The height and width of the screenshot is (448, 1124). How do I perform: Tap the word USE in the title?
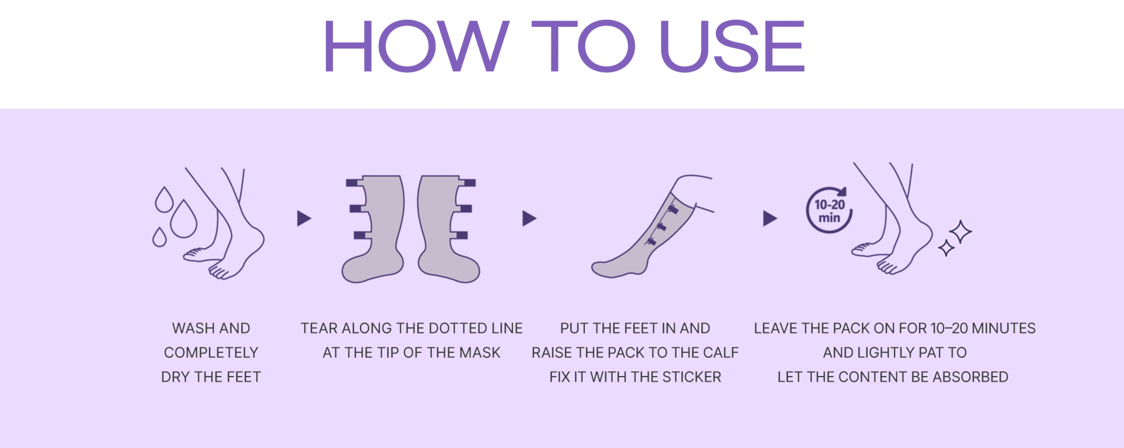733,46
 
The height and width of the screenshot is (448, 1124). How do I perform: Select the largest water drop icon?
184,219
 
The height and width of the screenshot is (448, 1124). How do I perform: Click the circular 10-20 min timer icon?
829,210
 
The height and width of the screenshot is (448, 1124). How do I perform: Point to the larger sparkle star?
961,232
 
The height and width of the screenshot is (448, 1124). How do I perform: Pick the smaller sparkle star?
946,248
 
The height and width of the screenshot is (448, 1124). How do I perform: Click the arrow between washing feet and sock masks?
304,218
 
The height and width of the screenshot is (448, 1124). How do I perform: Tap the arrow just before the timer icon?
770,218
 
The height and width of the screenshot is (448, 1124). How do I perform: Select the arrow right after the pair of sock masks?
529,218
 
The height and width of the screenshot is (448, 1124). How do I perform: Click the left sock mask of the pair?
373,229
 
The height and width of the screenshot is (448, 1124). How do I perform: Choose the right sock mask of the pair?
448,229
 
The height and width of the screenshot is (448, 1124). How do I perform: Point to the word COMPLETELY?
211,353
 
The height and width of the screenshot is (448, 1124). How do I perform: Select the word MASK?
479,353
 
